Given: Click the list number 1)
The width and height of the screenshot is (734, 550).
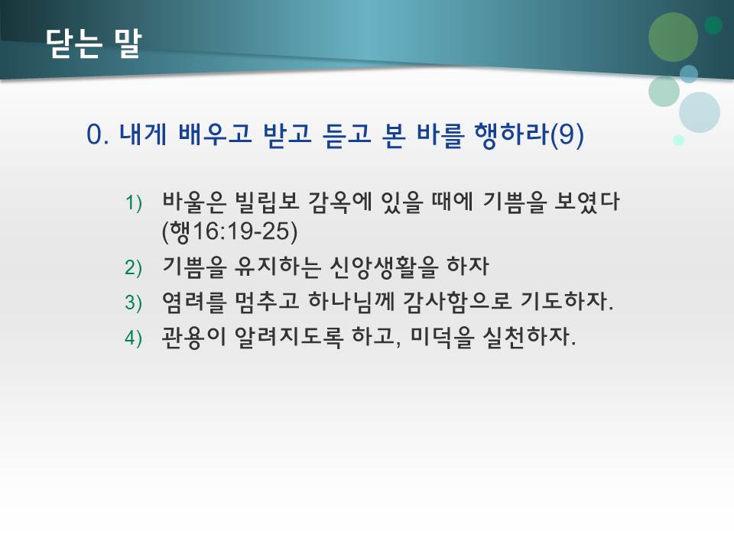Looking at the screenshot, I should [135, 204].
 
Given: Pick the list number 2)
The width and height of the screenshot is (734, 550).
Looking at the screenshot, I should [135, 267].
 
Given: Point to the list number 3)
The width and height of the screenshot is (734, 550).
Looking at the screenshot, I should [135, 302].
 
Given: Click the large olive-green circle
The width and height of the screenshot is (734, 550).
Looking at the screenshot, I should [673, 37].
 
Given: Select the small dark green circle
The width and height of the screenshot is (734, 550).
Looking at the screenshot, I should [713, 25].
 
